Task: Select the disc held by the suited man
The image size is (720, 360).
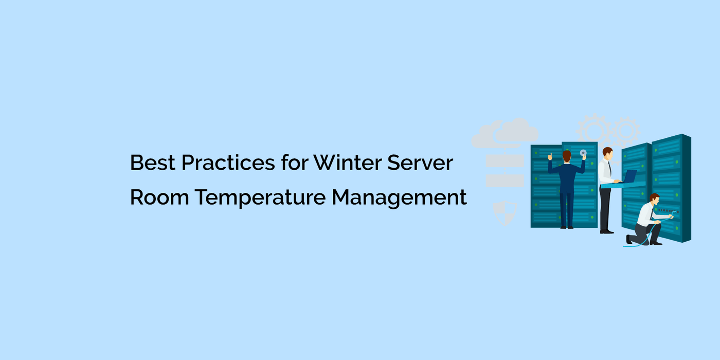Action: tap(583, 153)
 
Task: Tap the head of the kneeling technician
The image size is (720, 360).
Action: tap(654, 199)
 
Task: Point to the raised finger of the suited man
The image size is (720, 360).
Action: tap(550, 154)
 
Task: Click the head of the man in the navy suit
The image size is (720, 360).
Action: tap(567, 156)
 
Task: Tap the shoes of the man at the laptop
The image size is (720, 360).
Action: tap(607, 231)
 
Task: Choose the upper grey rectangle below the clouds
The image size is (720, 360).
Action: tap(505, 161)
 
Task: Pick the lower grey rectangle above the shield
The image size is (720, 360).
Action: tap(505, 181)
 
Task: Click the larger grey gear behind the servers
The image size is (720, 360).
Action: tap(594, 129)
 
